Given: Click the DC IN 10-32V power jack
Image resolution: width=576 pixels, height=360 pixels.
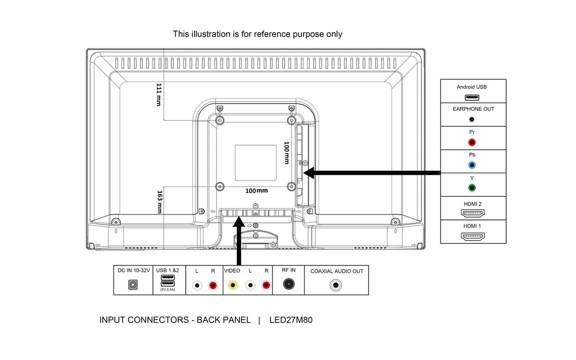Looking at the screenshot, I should coord(133,285).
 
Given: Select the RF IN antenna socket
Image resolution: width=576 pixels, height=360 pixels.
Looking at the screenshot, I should coord(289,285).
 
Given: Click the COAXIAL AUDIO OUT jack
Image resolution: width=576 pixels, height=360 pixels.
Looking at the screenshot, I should coord(336,285).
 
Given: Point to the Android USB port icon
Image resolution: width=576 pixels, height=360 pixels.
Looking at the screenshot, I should coord(472,97).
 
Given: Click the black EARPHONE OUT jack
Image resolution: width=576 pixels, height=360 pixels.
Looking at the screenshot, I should coord(472,119).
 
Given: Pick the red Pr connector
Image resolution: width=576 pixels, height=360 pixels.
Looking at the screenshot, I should coord(472,143).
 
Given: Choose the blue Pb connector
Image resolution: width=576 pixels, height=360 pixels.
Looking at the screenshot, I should coord(472,165).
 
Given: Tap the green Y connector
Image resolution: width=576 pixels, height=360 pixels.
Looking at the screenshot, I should coord(472,188).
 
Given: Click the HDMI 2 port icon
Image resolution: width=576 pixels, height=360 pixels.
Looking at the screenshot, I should coord(472,213).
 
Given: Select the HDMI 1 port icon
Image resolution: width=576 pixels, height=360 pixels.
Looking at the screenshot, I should coord(472,236).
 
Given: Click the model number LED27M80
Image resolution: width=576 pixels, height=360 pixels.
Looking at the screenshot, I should coord(291,320).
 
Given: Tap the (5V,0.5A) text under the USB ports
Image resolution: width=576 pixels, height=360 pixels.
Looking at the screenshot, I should coord(168,290).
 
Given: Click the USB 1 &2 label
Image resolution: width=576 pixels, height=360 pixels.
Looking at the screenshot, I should coord(168,271).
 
